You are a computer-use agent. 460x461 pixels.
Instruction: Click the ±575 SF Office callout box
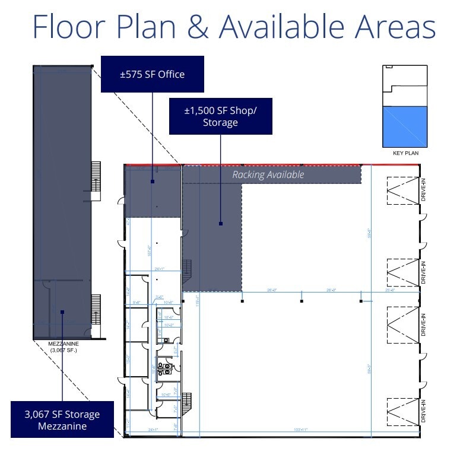click(153, 74)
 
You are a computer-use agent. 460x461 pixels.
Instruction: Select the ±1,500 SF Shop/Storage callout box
click(221, 116)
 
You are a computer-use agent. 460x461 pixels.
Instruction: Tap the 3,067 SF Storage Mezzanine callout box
click(62, 420)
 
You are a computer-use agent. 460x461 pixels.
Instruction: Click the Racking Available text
click(268, 174)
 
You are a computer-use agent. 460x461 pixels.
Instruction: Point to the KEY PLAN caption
click(406, 153)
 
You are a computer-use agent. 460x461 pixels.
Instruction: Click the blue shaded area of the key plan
click(406, 127)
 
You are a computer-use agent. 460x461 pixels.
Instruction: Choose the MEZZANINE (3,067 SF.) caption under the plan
click(63, 346)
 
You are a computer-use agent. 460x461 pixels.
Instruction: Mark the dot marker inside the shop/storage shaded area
click(221, 224)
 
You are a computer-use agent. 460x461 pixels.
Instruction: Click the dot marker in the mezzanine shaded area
click(62, 311)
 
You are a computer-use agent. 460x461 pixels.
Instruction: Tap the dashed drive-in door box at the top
click(402, 191)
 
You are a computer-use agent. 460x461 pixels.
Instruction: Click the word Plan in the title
click(149, 27)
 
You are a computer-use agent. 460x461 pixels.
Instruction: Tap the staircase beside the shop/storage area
click(187, 271)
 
